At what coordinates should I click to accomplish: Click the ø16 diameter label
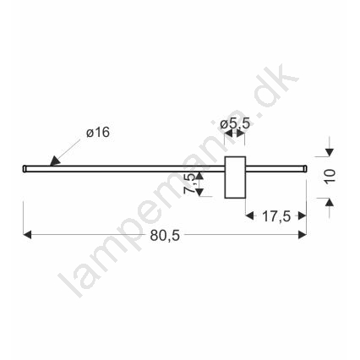pos(98,133)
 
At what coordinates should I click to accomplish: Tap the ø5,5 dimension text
pos(235,123)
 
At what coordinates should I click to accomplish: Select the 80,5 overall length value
pos(165,236)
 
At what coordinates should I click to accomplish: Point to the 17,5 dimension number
pos(276,216)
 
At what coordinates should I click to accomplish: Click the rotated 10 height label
pos(330,177)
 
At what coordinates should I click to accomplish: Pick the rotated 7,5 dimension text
pos(189,183)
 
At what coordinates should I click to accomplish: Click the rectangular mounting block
pos(235,177)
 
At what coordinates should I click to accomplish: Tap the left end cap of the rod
pos(25,168)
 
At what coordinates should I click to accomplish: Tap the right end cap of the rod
pos(305,168)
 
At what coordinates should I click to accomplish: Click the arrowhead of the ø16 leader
pos(55,161)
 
